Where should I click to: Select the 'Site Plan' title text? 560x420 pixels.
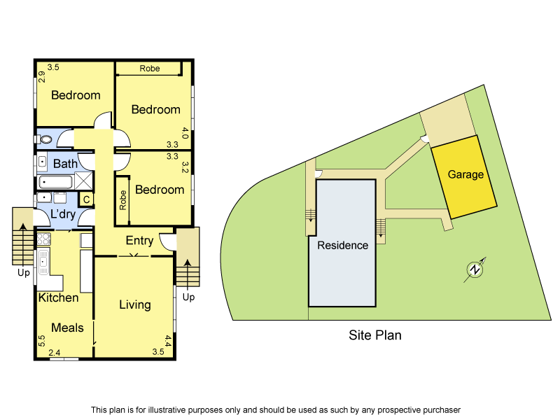click(375, 335)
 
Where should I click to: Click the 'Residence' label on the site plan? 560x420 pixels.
click(342, 245)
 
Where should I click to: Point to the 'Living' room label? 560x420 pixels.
click(134, 304)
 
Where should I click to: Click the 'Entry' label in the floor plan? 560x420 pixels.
click(139, 241)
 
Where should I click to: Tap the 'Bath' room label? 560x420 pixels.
click(66, 164)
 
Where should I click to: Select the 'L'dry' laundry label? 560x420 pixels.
click(63, 214)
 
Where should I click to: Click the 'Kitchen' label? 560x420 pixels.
click(58, 297)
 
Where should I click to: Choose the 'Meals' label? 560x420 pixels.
click(67, 328)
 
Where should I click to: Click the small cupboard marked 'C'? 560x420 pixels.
click(86, 199)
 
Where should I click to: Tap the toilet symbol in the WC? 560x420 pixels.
click(45, 139)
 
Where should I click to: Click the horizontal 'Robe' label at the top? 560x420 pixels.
click(149, 69)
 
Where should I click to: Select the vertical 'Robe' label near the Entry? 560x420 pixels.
click(122, 201)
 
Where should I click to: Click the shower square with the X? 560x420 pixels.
click(84, 181)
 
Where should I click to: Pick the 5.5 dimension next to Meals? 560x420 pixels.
click(41, 342)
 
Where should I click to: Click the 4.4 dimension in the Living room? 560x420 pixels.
click(167, 342)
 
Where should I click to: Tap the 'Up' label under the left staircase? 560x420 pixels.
click(23, 273)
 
